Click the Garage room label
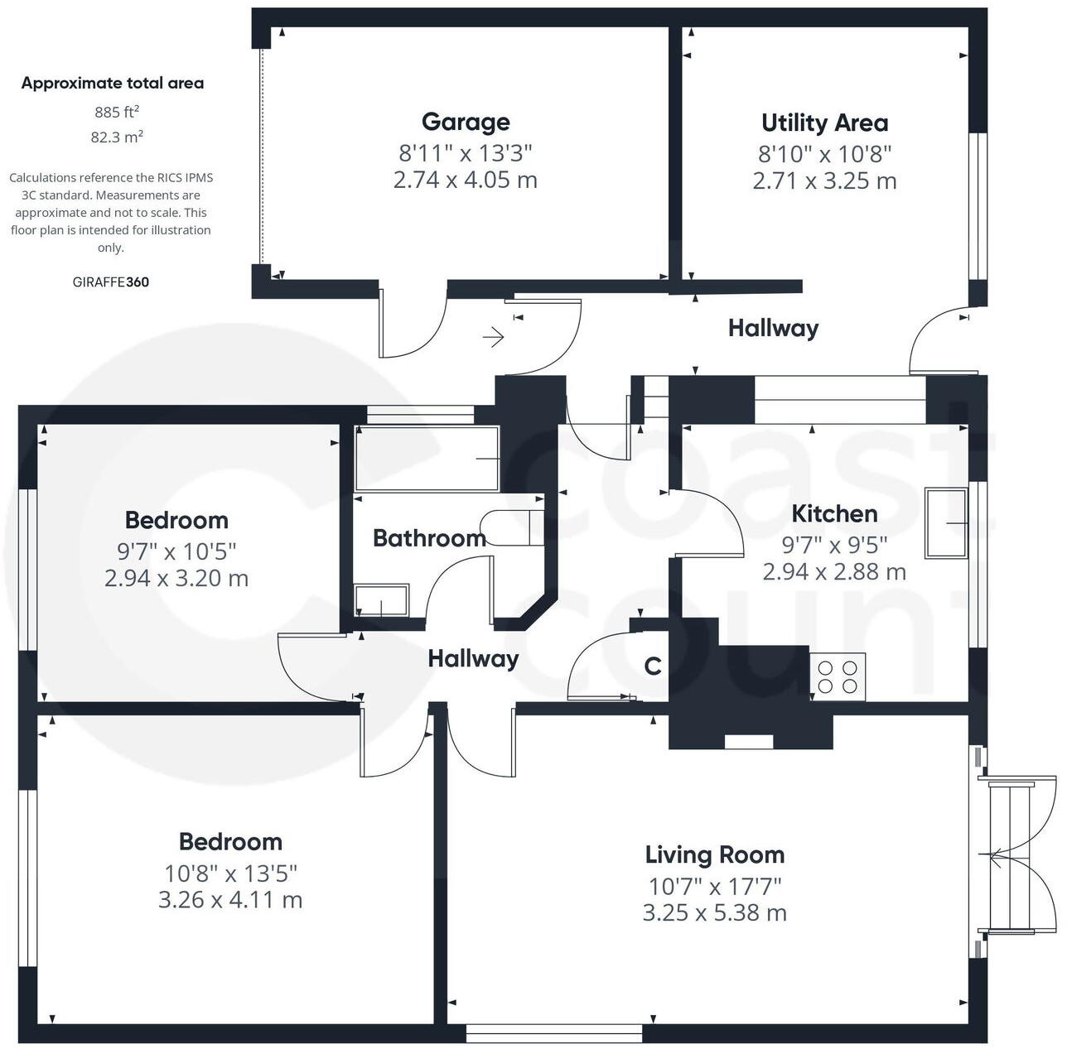(x=465, y=123)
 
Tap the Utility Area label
(x=824, y=123)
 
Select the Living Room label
(x=714, y=854)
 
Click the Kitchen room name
(x=834, y=513)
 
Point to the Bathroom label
(x=429, y=538)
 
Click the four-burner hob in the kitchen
(x=838, y=676)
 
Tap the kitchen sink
(x=946, y=523)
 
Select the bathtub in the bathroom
(x=427, y=459)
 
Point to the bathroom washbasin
(x=381, y=600)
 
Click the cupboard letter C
(x=653, y=666)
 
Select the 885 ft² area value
(x=116, y=112)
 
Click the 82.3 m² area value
(x=116, y=137)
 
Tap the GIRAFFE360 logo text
(x=111, y=282)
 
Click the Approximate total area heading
(x=113, y=83)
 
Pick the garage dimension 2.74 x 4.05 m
(x=465, y=180)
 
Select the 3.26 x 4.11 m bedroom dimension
(x=230, y=900)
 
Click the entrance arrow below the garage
(x=494, y=337)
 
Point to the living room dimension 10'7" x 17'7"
(x=714, y=887)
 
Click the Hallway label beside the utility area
(x=773, y=329)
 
